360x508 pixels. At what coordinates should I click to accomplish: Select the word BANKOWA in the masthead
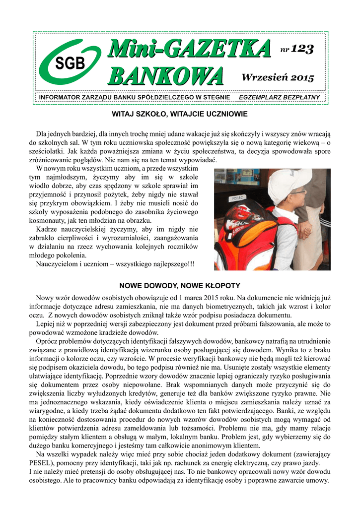(166, 77)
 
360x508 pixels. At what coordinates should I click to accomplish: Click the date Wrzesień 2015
(278, 77)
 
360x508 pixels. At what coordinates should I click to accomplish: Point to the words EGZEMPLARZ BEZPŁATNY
(279, 97)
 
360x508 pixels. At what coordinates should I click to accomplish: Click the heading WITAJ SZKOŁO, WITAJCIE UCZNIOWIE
(180, 114)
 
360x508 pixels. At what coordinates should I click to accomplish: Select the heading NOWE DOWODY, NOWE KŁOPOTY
(180, 286)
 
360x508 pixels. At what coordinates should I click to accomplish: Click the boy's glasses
(297, 192)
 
